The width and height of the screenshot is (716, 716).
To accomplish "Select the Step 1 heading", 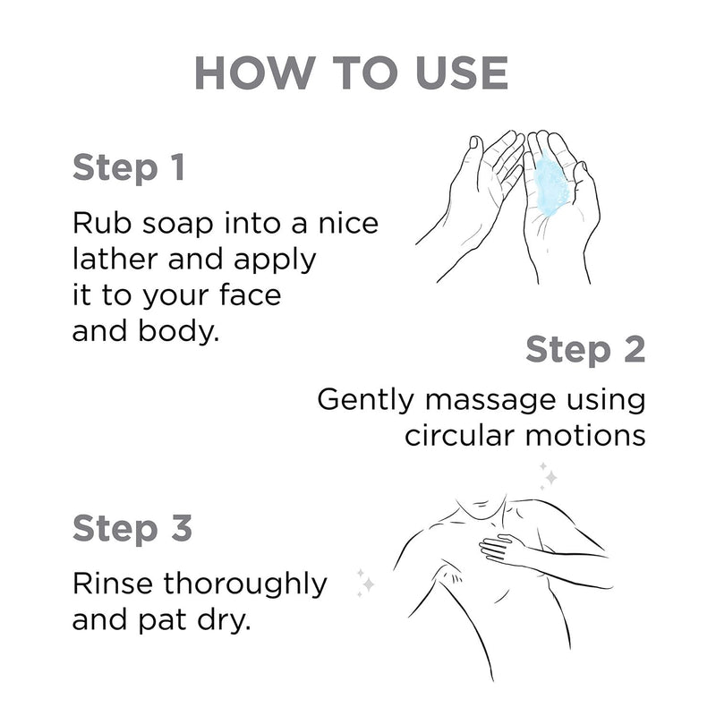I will pos(129,167).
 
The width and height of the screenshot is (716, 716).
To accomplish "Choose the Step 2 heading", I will pos(584,349).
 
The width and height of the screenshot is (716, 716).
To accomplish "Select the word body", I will pos(185,330).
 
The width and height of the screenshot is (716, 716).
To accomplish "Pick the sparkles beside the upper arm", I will pos(365,581).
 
